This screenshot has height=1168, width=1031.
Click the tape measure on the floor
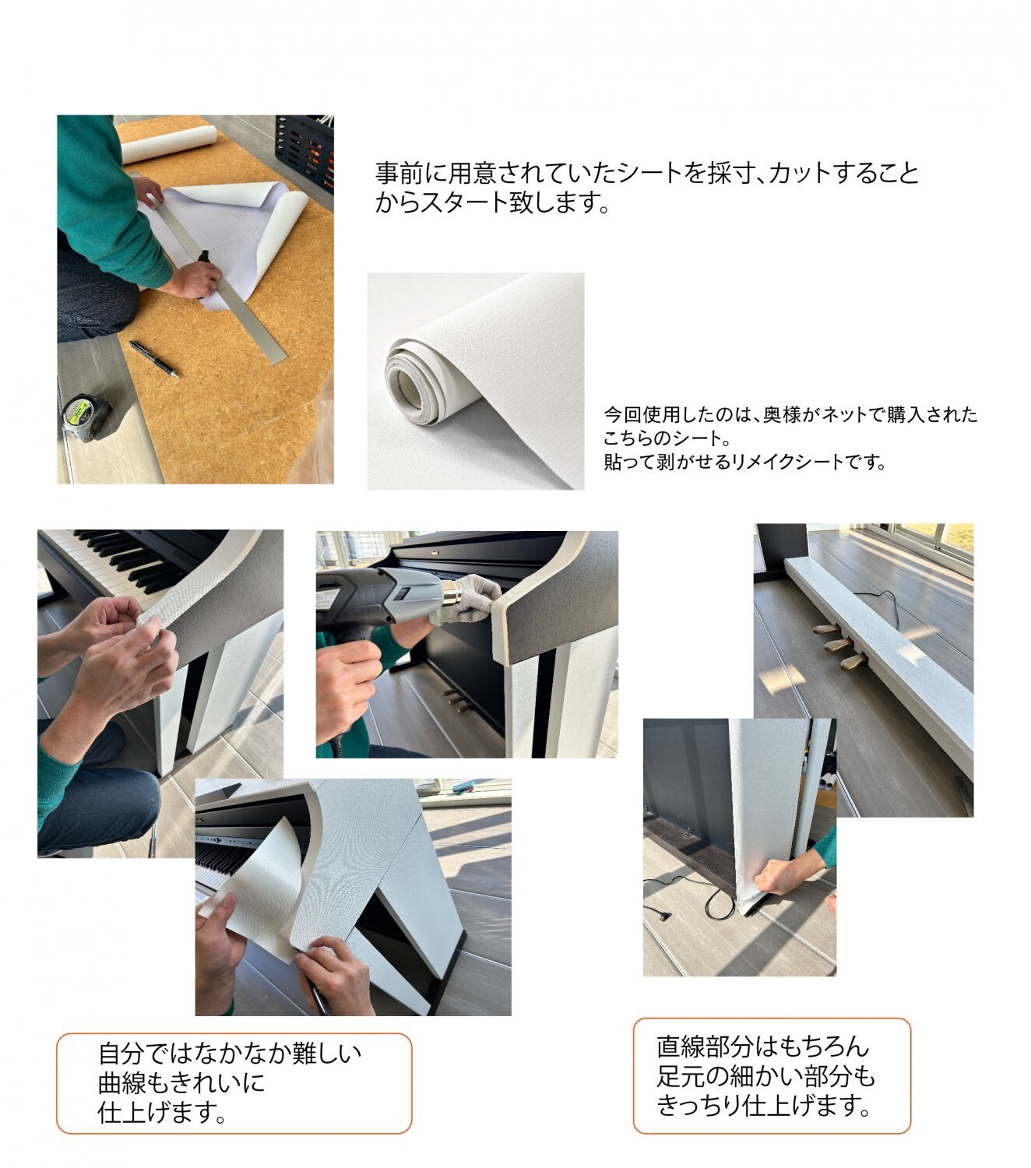(x=86, y=417)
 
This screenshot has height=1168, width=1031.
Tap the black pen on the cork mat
(x=154, y=359)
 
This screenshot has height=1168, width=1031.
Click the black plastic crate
(x=305, y=151)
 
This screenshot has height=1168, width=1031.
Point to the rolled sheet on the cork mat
(x=168, y=144)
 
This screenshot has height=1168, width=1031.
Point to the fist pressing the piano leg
(x=779, y=876)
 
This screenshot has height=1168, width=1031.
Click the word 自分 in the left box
(x=121, y=1054)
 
